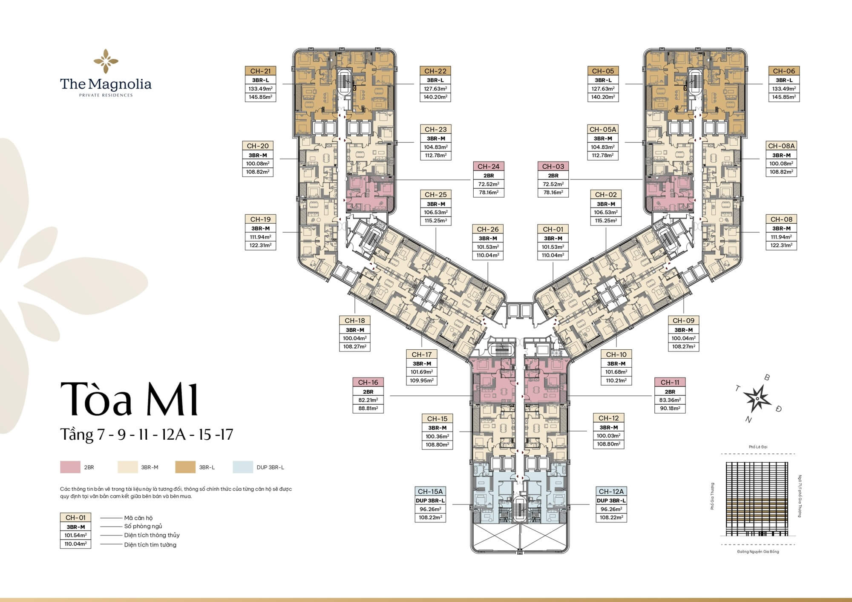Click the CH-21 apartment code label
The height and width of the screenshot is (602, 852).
[x=260, y=71]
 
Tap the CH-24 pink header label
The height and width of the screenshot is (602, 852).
[x=488, y=167]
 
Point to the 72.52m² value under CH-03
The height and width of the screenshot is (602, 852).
[x=553, y=184]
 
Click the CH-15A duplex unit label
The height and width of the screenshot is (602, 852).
[x=430, y=492]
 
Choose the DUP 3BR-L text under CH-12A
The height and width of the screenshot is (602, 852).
[x=611, y=501]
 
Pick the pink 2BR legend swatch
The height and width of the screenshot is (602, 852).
[x=70, y=467]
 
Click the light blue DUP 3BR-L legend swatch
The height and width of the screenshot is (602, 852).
[x=243, y=467]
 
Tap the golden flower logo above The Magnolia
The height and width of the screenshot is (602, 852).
[x=106, y=61]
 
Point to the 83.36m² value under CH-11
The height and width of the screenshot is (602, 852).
[x=670, y=400]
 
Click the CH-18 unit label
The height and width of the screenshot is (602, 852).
[x=354, y=321]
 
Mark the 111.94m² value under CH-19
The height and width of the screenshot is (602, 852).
[x=260, y=237]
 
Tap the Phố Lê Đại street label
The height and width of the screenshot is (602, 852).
[x=758, y=447]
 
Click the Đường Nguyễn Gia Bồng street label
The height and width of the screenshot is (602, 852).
[x=758, y=551]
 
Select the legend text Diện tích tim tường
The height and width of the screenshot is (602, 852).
[x=150, y=545]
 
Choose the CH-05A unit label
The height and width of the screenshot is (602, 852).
[x=603, y=130]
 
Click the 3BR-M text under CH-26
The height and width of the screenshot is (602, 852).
[x=488, y=239]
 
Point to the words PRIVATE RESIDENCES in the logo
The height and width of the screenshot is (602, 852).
[x=106, y=95]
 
